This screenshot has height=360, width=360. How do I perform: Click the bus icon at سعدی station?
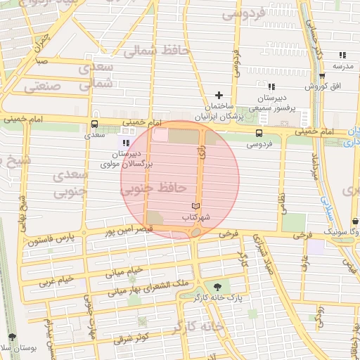click(94, 122)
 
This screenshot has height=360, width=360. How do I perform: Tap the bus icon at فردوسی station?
click(259, 133)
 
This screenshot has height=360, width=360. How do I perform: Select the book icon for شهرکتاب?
click(195, 206)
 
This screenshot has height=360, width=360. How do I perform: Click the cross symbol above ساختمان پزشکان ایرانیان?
click(219, 94)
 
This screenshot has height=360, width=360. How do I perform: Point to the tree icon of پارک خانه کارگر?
click(217, 286)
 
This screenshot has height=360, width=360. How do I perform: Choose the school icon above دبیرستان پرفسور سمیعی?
click(271, 86)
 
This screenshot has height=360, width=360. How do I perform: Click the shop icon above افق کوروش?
click(322, 76)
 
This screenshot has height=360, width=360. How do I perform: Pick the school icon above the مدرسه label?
click(342, 54)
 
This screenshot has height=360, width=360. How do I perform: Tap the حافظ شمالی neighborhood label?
click(148, 51)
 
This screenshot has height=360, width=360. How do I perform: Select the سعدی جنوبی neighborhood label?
click(70, 181)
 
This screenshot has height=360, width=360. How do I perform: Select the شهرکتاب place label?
click(196, 218)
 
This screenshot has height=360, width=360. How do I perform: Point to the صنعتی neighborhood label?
click(44, 86)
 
